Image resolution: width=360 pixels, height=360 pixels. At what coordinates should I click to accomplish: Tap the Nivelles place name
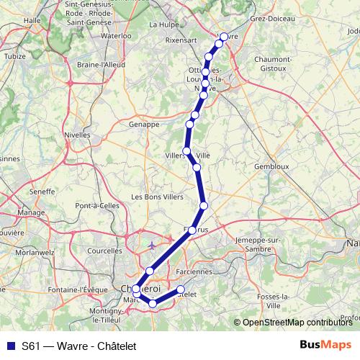(77, 134)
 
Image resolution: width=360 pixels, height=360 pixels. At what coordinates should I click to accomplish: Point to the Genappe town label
(144, 124)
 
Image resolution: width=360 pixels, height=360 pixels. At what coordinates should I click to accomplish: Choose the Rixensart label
(180, 41)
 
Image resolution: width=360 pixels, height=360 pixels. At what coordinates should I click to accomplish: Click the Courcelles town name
(104, 251)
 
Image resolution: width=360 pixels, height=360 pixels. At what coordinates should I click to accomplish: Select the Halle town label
(32, 21)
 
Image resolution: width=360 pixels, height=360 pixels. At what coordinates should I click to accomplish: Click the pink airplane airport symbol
(151, 246)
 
